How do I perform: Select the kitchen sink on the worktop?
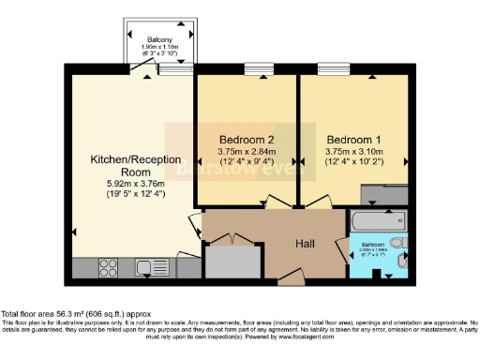pyautogui.click(x=147, y=268)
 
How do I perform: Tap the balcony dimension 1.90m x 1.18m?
pyautogui.click(x=158, y=48)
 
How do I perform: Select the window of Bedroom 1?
pyautogui.click(x=333, y=69)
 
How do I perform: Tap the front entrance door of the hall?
pyautogui.click(x=292, y=278)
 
